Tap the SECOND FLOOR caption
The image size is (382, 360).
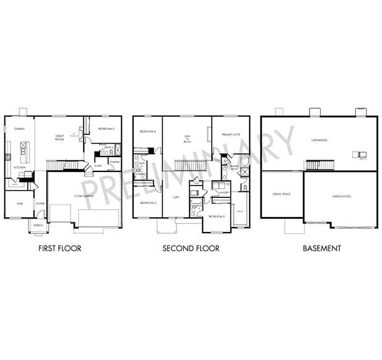click(x=191, y=249)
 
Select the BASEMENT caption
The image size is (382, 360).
click(x=321, y=249)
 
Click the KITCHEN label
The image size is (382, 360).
click(x=19, y=168)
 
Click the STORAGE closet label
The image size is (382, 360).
click(x=114, y=161)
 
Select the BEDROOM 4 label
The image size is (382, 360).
click(x=147, y=131)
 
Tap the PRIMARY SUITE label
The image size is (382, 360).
click(x=230, y=134)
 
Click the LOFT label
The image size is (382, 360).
click(x=176, y=198)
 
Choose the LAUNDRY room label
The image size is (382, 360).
click(x=224, y=192)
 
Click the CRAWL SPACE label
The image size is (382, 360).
click(x=282, y=194)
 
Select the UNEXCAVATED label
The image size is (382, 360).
click(x=341, y=196)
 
